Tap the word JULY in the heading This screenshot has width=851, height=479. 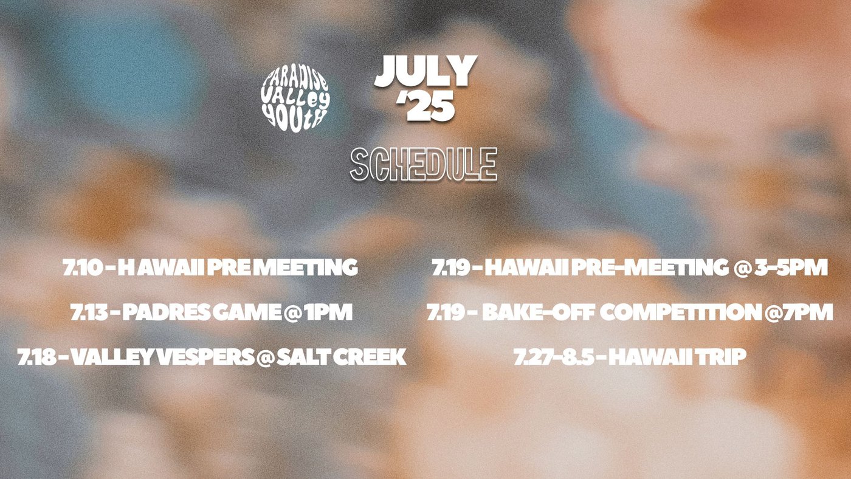pyautogui.click(x=425, y=71)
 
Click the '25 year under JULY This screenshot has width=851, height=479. pyautogui.click(x=425, y=106)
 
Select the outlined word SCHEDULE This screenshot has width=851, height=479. pyautogui.click(x=424, y=164)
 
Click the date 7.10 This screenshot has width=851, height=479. pyautogui.click(x=83, y=267)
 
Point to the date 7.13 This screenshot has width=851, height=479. pyautogui.click(x=90, y=312)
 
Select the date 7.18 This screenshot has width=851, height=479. pyautogui.click(x=37, y=357)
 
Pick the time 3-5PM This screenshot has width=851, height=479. pyautogui.click(x=791, y=267)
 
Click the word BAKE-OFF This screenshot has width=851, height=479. pyautogui.click(x=539, y=312)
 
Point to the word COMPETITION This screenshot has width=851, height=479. pyautogui.click(x=681, y=312)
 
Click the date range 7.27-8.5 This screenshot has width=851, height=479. pyautogui.click(x=554, y=357)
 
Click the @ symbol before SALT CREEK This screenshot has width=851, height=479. pyautogui.click(x=265, y=357)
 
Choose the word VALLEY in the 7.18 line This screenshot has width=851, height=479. pyautogui.click(x=113, y=357)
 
